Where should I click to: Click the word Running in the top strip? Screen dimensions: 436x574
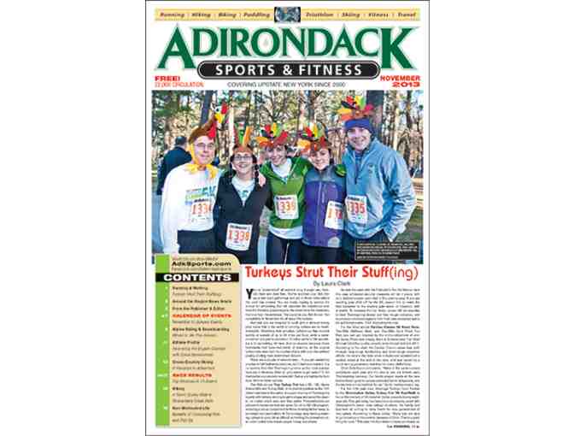pyautogui.click(x=177, y=15)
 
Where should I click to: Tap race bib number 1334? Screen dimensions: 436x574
pyautogui.click(x=202, y=209)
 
